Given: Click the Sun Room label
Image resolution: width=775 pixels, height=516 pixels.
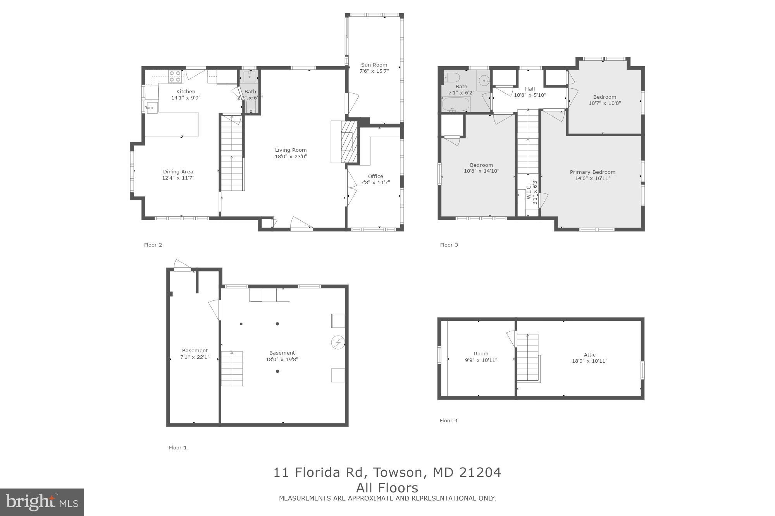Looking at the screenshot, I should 374,65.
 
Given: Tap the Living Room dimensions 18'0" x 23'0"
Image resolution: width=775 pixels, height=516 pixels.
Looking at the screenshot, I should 291,157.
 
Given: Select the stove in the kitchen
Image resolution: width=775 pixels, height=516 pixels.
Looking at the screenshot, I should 176,76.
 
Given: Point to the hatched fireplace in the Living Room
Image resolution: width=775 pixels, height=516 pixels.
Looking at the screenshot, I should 349,142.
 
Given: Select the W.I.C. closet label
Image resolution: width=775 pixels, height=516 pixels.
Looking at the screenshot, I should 529,192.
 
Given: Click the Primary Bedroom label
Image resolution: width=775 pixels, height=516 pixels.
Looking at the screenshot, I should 592,172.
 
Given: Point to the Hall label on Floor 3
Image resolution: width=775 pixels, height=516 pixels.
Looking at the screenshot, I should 530,89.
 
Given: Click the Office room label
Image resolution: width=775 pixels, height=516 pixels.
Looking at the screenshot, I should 375,176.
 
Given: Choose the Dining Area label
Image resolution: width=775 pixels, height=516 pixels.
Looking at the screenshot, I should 178,171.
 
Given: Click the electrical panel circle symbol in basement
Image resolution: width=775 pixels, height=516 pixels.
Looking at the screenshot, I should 338,343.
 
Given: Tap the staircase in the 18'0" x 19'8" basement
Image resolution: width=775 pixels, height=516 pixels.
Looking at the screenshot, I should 232,369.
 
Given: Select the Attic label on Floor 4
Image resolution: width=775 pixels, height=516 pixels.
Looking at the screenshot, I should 589,355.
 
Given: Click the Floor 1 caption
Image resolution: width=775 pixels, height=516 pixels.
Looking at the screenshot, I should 177,447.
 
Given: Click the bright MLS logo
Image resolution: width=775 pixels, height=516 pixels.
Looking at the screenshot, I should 42,502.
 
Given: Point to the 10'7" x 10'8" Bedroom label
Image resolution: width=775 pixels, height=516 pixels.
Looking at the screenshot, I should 604,97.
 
